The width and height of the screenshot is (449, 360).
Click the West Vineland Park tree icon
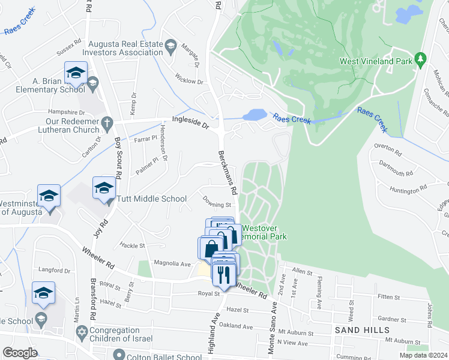[421, 59]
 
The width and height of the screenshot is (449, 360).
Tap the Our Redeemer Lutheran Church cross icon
[107, 123]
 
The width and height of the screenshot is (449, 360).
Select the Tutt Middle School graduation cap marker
[104, 188]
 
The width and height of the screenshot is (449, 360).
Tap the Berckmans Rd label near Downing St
[228, 172]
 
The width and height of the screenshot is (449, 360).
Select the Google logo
[20, 353]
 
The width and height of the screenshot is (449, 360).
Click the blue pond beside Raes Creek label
[255, 114]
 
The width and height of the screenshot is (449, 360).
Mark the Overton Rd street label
[387, 146]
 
